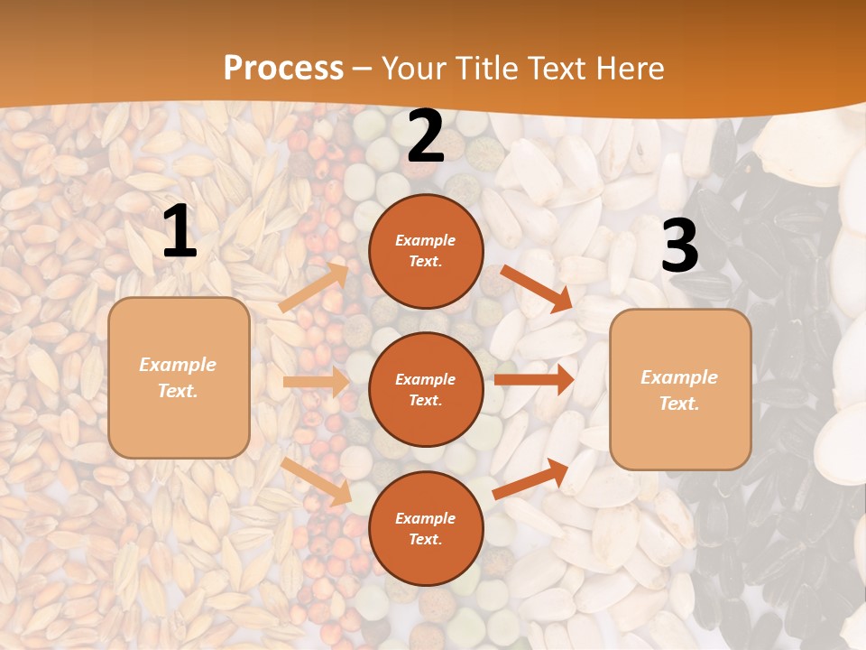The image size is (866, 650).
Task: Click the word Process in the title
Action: [x=283, y=68]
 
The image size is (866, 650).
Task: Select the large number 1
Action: [x=180, y=231]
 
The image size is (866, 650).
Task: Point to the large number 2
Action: [x=426, y=137]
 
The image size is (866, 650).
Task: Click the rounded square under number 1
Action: [x=179, y=377]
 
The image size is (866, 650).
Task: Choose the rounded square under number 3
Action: [x=680, y=390]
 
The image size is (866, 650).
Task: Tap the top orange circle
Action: [x=426, y=251]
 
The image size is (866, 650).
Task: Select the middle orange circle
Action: [x=426, y=389]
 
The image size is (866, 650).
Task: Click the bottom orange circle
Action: [x=426, y=528]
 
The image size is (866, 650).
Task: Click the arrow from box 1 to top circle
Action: [x=313, y=287]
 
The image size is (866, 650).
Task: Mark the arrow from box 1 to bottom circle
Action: [x=316, y=481]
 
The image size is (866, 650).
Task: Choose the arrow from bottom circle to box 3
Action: [x=530, y=478]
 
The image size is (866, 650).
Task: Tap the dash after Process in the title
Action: [x=363, y=69]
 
